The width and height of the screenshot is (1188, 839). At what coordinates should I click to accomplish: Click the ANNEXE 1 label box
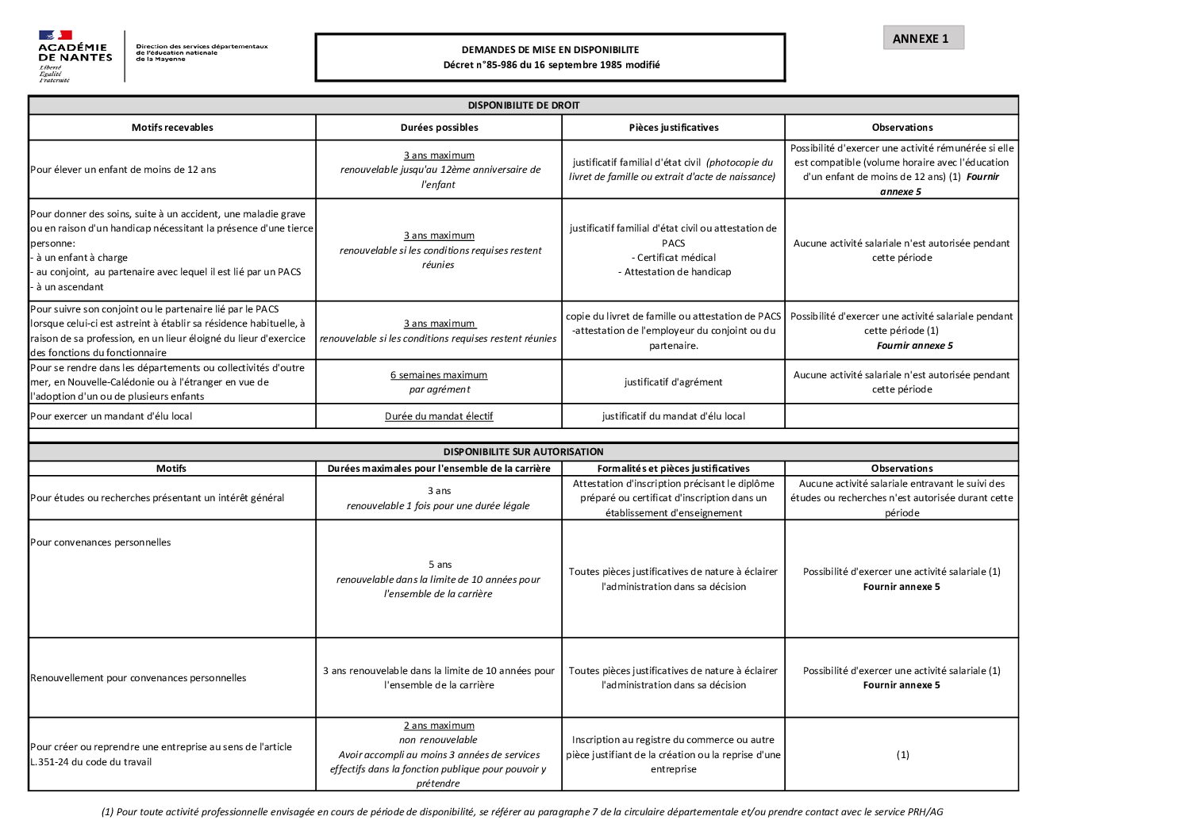pyautogui.click(x=923, y=38)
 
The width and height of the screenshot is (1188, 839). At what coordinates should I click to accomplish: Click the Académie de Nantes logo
pyautogui.click(x=75, y=56)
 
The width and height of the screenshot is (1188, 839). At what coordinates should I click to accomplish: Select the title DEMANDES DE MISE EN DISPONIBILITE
pyautogui.click(x=550, y=49)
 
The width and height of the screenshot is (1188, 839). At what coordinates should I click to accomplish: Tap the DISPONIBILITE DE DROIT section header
pyautogui.click(x=523, y=105)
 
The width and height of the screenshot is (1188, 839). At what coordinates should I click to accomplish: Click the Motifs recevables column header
pyautogui.click(x=172, y=128)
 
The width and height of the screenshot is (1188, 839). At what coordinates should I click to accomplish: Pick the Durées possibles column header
pyautogui.click(x=439, y=128)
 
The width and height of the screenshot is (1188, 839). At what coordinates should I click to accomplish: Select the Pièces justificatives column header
pyautogui.click(x=673, y=128)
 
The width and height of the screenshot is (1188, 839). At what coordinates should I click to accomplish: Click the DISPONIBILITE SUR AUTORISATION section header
pyautogui.click(x=523, y=452)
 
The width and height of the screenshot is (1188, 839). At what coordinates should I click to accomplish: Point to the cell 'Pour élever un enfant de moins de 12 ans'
pyautogui.click(x=123, y=170)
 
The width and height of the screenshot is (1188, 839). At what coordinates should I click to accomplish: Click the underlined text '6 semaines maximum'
pyautogui.click(x=439, y=375)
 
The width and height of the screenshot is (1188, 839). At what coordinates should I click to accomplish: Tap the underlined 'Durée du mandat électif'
pyautogui.click(x=439, y=416)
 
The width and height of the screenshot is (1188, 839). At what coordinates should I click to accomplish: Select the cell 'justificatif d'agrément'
pyautogui.click(x=673, y=382)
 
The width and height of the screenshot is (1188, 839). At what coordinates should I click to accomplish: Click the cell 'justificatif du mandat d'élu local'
pyautogui.click(x=673, y=416)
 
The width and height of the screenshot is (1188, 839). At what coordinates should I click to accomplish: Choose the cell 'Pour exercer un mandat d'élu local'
pyautogui.click(x=111, y=416)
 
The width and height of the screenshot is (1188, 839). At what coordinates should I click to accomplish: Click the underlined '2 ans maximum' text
pyautogui.click(x=439, y=726)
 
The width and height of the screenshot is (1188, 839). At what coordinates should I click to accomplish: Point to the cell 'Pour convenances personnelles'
pyautogui.click(x=101, y=542)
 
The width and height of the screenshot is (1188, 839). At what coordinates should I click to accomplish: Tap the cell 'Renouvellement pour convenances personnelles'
pyautogui.click(x=138, y=678)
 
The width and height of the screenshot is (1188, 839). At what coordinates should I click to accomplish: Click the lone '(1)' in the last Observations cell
pyautogui.click(x=902, y=755)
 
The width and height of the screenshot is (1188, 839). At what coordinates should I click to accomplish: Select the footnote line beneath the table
pyautogui.click(x=522, y=812)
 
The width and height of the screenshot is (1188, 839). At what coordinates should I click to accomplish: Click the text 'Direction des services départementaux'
pyautogui.click(x=202, y=47)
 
